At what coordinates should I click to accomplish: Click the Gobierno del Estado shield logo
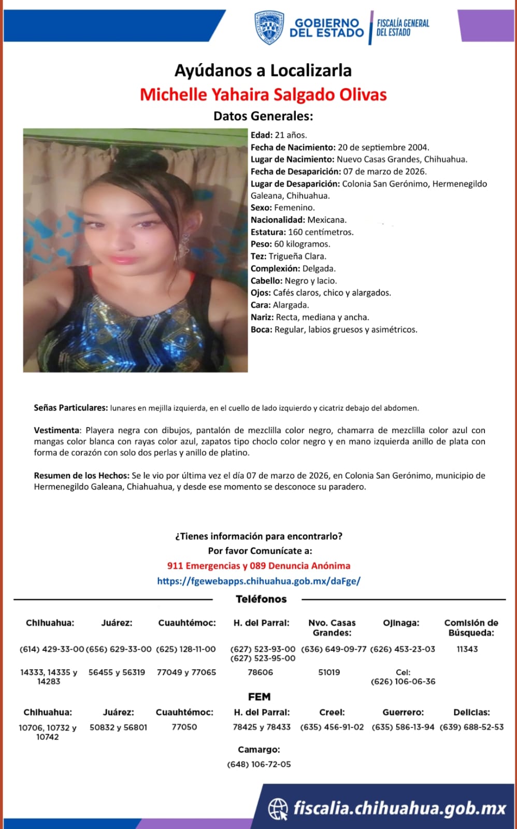click(x=269, y=28)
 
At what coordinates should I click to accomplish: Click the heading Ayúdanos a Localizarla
click(x=263, y=70)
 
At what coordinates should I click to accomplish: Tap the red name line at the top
click(x=263, y=95)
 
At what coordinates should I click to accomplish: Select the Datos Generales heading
click(x=263, y=116)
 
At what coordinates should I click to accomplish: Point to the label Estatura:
click(x=268, y=232)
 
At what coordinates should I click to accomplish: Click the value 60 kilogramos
click(x=302, y=244)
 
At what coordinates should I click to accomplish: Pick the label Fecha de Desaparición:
click(x=295, y=171)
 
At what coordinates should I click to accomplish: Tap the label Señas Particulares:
click(x=70, y=408)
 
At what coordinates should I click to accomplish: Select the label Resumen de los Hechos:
click(x=81, y=475)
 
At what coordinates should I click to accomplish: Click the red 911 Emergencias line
click(x=258, y=566)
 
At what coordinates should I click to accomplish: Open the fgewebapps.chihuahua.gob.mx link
click(x=258, y=581)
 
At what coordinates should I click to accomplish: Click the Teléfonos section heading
click(x=261, y=599)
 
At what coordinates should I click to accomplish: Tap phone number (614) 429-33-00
click(x=51, y=649)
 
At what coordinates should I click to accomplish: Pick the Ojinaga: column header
click(x=401, y=623)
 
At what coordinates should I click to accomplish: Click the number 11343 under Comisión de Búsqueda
click(x=467, y=649)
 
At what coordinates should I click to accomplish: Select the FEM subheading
click(x=259, y=697)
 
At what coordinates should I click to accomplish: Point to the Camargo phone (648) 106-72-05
click(x=259, y=764)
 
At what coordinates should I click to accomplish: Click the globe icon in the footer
click(x=278, y=808)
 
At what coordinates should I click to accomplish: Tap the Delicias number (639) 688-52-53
click(x=471, y=727)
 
